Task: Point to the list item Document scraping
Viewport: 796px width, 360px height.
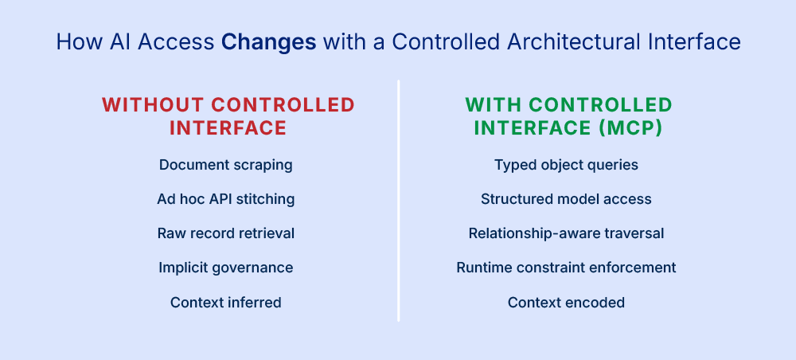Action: coord(226,165)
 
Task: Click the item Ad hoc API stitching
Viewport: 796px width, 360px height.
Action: coord(226,199)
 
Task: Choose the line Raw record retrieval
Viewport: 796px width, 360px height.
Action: coord(226,233)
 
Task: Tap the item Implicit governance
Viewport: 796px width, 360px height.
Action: coord(226,268)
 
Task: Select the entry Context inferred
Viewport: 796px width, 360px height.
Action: coord(226,302)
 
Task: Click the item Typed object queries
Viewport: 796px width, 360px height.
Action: coord(566,165)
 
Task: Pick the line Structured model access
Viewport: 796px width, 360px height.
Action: coord(566,199)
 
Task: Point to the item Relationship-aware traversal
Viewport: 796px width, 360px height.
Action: coord(566,233)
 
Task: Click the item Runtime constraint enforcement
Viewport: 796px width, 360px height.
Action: coord(566,268)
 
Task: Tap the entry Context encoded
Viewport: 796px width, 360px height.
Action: coord(566,302)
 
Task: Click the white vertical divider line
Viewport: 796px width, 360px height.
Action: coord(398,199)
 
